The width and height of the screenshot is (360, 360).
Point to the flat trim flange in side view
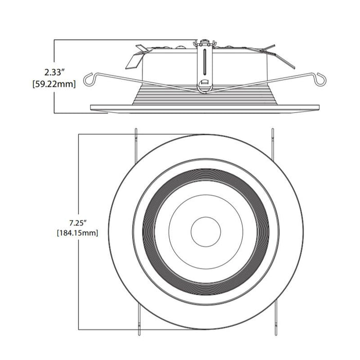tap(206, 107)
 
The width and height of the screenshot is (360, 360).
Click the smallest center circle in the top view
tap(206, 232)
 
